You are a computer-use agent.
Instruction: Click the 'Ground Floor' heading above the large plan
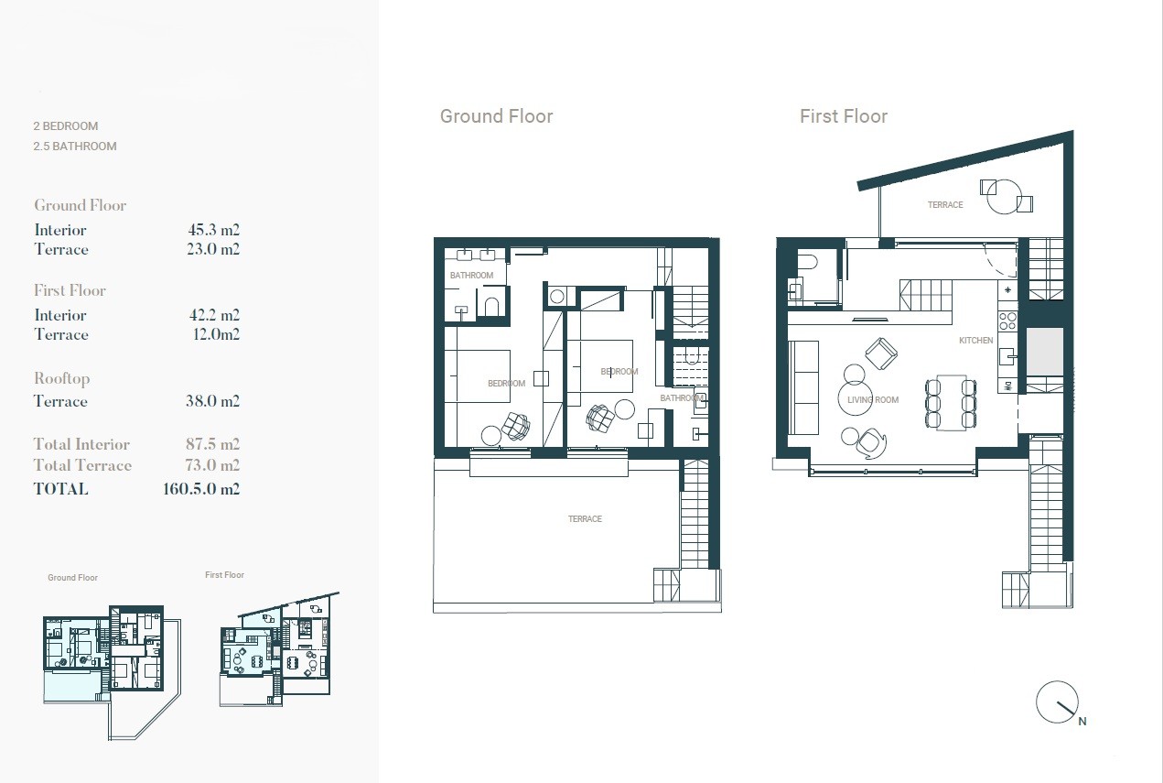(x=496, y=116)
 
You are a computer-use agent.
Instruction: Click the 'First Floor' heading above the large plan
(x=844, y=116)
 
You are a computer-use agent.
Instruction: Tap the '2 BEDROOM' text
(x=65, y=126)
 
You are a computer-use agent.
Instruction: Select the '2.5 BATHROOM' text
(x=75, y=147)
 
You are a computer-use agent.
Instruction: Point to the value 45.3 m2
(x=214, y=230)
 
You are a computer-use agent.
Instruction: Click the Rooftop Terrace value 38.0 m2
(x=213, y=400)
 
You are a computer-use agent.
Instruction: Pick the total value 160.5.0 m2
(x=201, y=489)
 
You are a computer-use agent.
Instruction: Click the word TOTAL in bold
(x=60, y=489)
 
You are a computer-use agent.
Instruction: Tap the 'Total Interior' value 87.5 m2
(x=213, y=444)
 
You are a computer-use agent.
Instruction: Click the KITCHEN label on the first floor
(x=976, y=341)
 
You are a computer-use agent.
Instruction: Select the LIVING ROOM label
(x=873, y=400)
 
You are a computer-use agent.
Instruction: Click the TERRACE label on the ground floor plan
(x=585, y=519)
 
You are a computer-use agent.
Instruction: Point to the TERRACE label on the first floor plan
(x=945, y=205)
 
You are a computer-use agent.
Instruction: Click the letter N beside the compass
(x=1082, y=721)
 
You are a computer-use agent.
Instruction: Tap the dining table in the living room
(x=951, y=403)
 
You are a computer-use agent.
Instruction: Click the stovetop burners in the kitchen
(x=1007, y=321)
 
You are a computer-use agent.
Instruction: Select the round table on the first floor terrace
(x=1004, y=196)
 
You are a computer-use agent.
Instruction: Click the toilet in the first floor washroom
(x=807, y=260)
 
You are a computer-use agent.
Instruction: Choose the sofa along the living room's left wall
(x=803, y=387)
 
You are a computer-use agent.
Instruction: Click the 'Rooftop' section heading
(x=62, y=379)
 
